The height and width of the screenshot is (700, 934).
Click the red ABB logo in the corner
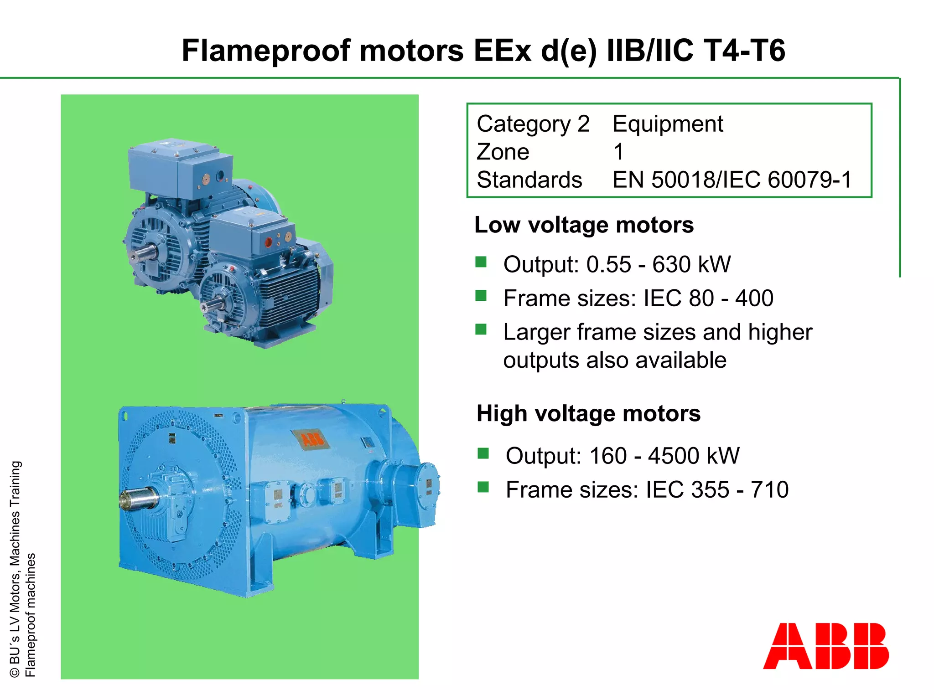825,646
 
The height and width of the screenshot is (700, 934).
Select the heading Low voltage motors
584,225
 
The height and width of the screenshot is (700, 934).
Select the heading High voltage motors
588,413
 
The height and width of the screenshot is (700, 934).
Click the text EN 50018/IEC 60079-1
732,180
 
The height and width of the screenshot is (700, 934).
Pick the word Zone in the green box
503,152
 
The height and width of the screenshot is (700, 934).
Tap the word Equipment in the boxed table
668,124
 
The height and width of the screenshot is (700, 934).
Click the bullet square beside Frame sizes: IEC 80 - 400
481,296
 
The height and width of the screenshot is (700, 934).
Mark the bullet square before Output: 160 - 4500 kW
483,453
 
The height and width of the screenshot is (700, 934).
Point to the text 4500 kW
694,456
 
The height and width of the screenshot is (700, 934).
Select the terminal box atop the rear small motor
180,169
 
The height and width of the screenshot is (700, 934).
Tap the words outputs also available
614,360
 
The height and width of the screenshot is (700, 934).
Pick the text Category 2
533,124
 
